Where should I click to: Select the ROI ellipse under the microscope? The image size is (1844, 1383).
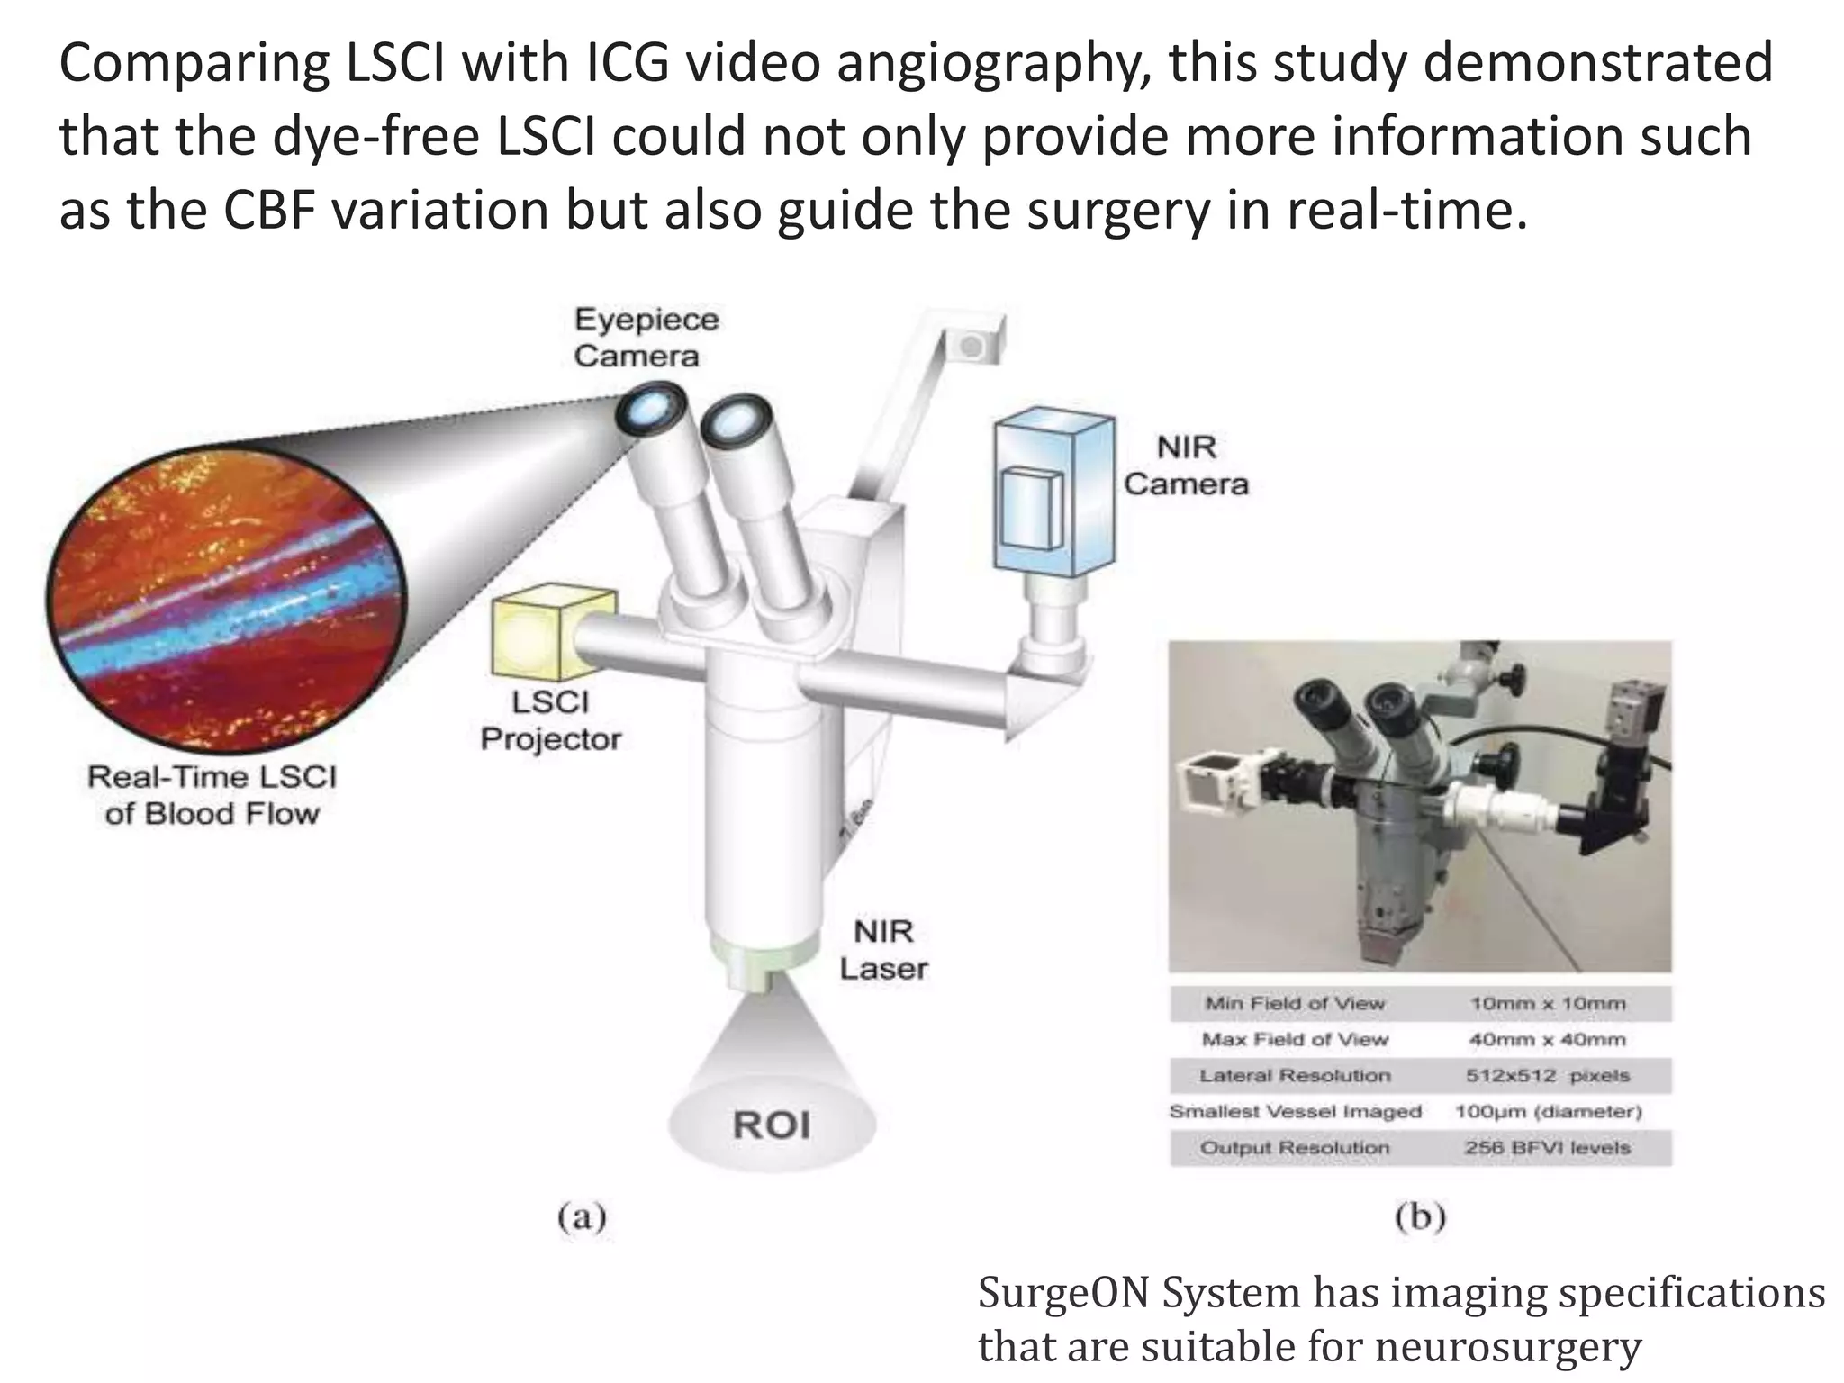(772, 1125)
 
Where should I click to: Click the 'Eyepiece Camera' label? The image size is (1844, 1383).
(646, 338)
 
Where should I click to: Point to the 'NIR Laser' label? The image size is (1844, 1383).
(883, 950)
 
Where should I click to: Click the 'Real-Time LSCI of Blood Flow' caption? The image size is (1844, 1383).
(212, 795)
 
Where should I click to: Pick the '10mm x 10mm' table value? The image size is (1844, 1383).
(1548, 1003)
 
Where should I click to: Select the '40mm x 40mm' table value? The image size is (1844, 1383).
(1548, 1040)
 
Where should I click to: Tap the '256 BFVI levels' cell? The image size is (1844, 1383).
(1548, 1148)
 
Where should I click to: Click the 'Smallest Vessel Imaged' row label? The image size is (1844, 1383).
(1295, 1112)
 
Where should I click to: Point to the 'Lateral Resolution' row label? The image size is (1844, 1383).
(1295, 1076)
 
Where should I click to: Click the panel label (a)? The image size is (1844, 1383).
(582, 1218)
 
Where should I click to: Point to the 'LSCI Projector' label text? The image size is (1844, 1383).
(550, 720)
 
